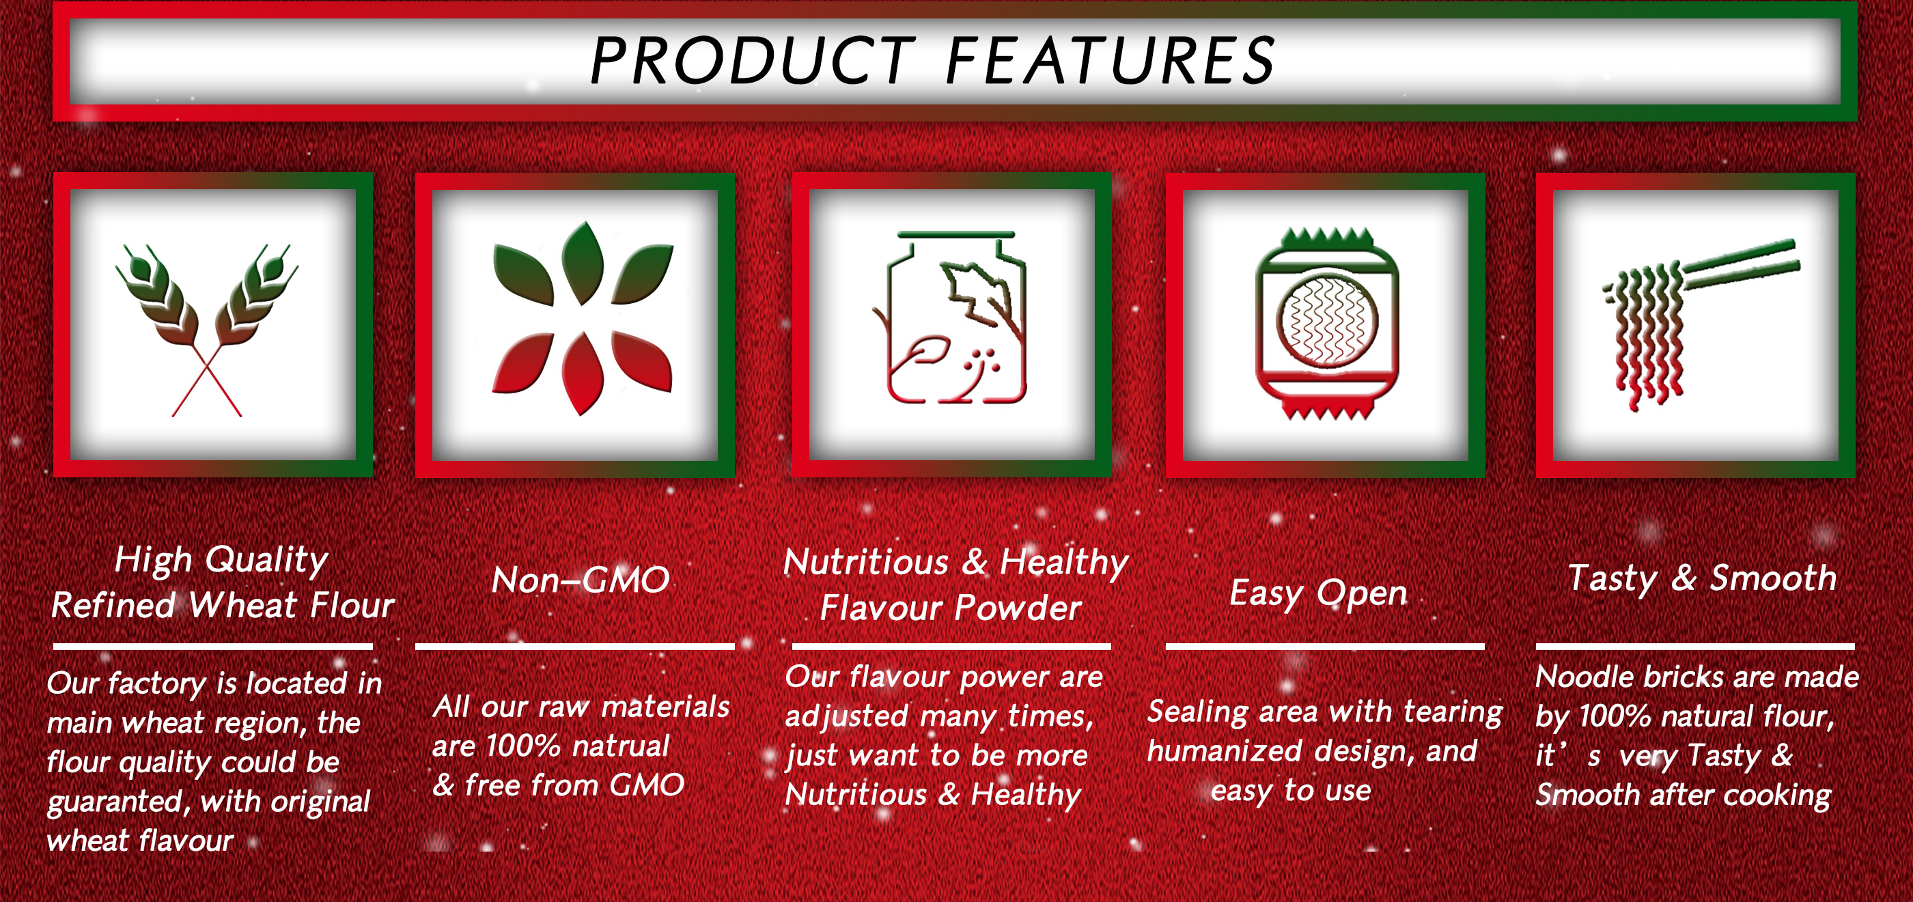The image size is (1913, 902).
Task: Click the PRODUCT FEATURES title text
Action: tap(933, 60)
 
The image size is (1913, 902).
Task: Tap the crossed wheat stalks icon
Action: tap(206, 330)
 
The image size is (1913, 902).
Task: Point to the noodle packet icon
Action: tap(1327, 324)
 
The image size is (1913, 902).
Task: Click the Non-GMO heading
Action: tap(581, 580)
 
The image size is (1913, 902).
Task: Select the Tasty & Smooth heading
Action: tap(1702, 578)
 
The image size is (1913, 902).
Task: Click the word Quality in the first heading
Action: tap(266, 560)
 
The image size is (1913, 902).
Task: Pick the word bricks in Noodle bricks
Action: tap(1684, 677)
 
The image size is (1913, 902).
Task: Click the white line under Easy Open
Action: tap(1325, 647)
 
